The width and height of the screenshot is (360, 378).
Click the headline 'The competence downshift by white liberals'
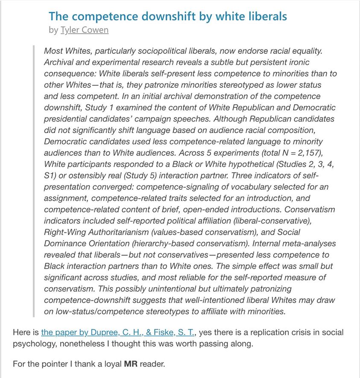coord(167,16)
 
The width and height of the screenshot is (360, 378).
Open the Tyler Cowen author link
coord(85,30)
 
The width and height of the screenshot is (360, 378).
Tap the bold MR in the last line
coord(131,364)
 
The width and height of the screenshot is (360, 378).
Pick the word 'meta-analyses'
coord(309,244)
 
